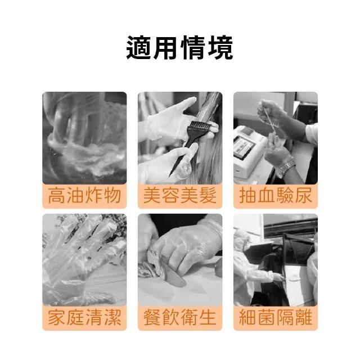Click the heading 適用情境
(x=180, y=48)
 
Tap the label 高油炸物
(x=84, y=196)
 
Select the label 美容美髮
(x=180, y=196)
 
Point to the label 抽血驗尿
(x=276, y=196)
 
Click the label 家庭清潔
(x=84, y=317)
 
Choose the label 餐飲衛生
(x=180, y=317)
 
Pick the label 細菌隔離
(x=276, y=317)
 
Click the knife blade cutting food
(x=174, y=275)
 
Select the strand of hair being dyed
(x=206, y=138)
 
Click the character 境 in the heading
(x=220, y=48)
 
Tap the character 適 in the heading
(x=139, y=48)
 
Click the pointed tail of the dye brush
(x=169, y=176)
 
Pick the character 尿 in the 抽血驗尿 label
(x=303, y=196)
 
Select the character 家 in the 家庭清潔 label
(x=57, y=317)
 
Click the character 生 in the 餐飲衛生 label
(x=208, y=317)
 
